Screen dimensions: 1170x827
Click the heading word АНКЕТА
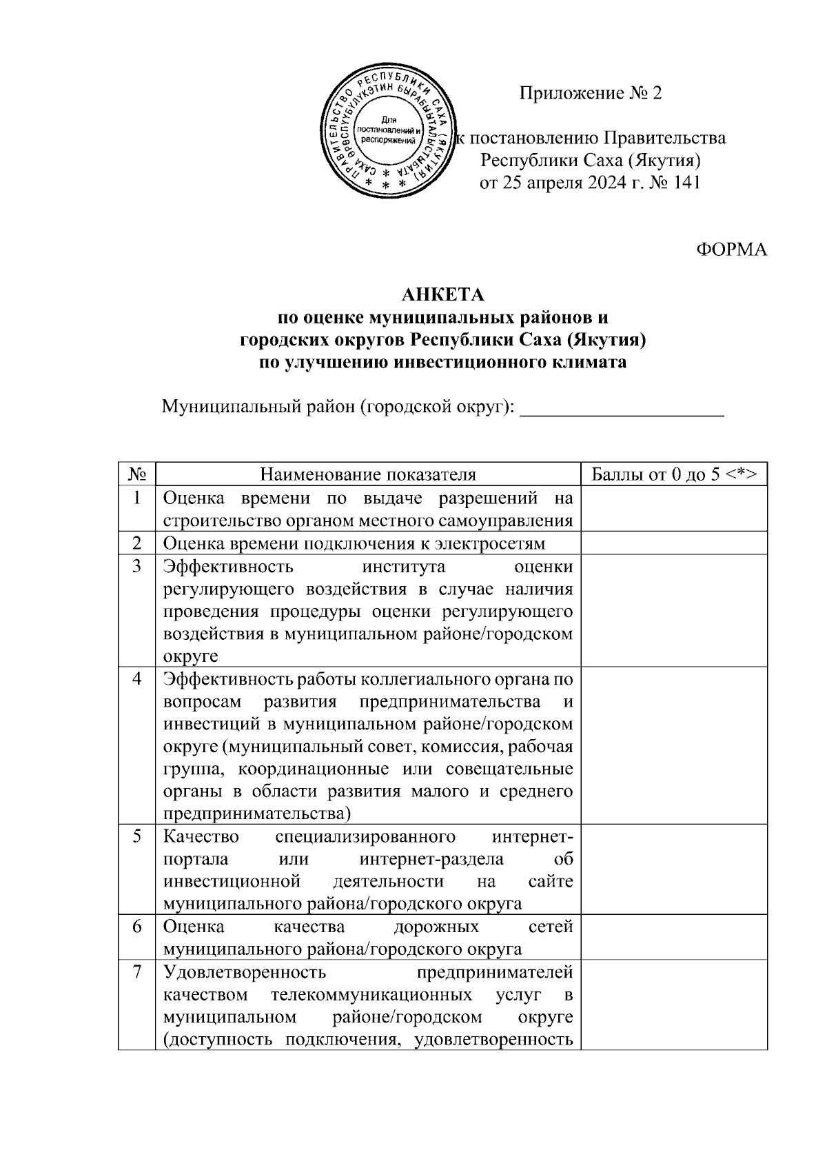[x=443, y=295]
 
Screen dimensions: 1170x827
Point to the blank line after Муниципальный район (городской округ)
[x=621, y=408]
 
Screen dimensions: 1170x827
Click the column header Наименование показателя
[x=368, y=474]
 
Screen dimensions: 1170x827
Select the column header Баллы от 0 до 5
[x=674, y=474]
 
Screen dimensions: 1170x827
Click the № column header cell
[x=137, y=474]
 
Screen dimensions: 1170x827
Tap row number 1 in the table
[x=137, y=498]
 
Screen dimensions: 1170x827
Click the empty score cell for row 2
[x=674, y=543]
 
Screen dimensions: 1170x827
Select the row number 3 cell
[x=137, y=567]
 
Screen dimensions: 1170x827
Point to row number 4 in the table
[x=137, y=679]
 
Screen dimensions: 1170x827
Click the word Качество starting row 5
[x=201, y=837]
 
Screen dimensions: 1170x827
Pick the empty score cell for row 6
[x=674, y=938]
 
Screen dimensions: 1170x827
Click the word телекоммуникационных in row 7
[x=371, y=996]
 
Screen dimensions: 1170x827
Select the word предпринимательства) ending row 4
[x=256, y=814]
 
